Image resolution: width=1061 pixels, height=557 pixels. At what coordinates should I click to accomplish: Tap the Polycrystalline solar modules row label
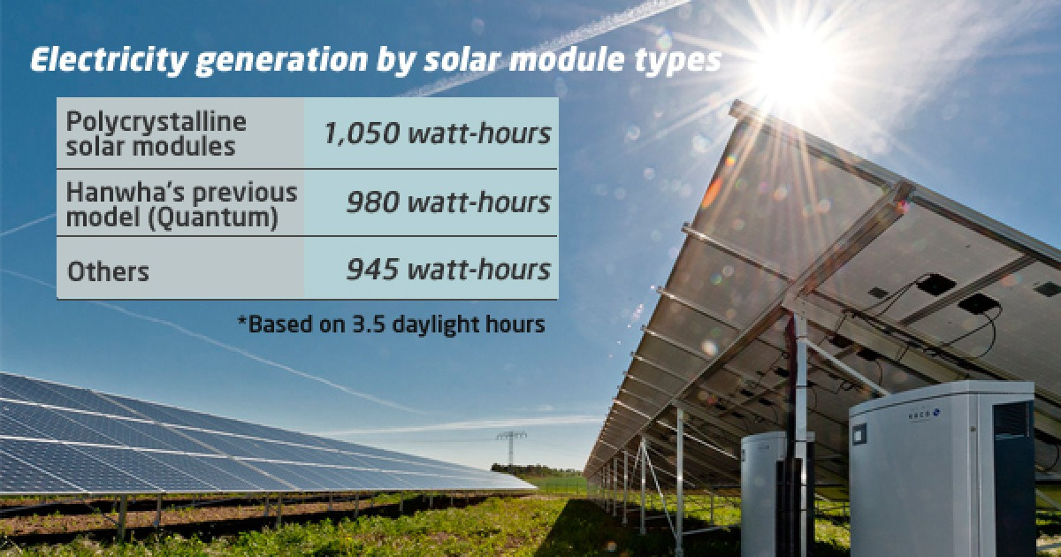(x=156, y=134)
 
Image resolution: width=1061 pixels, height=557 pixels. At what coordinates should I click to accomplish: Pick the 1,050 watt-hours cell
(x=436, y=134)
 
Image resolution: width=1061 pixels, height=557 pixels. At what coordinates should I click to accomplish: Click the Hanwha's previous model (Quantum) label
(x=183, y=202)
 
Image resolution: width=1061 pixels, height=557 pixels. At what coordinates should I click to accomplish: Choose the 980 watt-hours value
(x=448, y=202)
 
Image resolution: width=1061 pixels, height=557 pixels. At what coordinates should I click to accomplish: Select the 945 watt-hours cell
(x=448, y=268)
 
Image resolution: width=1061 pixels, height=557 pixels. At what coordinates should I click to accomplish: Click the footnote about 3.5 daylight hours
(x=390, y=324)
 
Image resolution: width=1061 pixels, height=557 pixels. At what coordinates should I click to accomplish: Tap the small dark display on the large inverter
(x=859, y=432)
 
